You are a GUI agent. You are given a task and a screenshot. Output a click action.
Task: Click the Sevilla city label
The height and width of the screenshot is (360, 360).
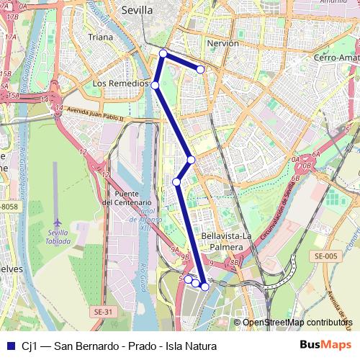[x=137, y=11]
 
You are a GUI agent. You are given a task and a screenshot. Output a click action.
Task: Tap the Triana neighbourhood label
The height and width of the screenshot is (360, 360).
[x=100, y=37]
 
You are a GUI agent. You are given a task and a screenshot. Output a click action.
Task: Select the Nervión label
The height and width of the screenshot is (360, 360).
[x=222, y=43]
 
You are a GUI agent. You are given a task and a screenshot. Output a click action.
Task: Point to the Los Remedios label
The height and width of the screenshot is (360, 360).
[x=120, y=84]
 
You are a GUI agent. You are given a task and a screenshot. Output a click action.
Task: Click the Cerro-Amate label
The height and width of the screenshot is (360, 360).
[x=336, y=57]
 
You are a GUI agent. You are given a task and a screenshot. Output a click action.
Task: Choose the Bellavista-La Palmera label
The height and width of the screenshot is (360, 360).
[x=227, y=241]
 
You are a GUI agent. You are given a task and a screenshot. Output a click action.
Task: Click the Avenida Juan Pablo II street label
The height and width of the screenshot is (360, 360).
[x=94, y=114]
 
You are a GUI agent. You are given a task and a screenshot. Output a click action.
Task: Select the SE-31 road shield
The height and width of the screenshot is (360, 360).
[x=103, y=312]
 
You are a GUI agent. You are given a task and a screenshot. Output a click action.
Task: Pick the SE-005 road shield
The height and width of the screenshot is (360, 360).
[x=325, y=256]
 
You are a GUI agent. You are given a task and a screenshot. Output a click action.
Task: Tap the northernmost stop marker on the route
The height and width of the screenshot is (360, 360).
[x=163, y=53]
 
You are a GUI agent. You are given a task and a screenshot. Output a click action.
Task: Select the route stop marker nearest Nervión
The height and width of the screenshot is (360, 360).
[x=201, y=70]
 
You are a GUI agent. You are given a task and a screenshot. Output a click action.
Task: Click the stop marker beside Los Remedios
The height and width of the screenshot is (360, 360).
[x=155, y=85]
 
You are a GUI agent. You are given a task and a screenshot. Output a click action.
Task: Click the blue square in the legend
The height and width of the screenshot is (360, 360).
[x=11, y=346]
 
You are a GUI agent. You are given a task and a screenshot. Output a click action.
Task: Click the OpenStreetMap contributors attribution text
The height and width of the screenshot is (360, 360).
[x=297, y=323]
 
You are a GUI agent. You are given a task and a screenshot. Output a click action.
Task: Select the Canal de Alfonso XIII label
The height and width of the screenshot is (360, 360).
[x=147, y=215]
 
